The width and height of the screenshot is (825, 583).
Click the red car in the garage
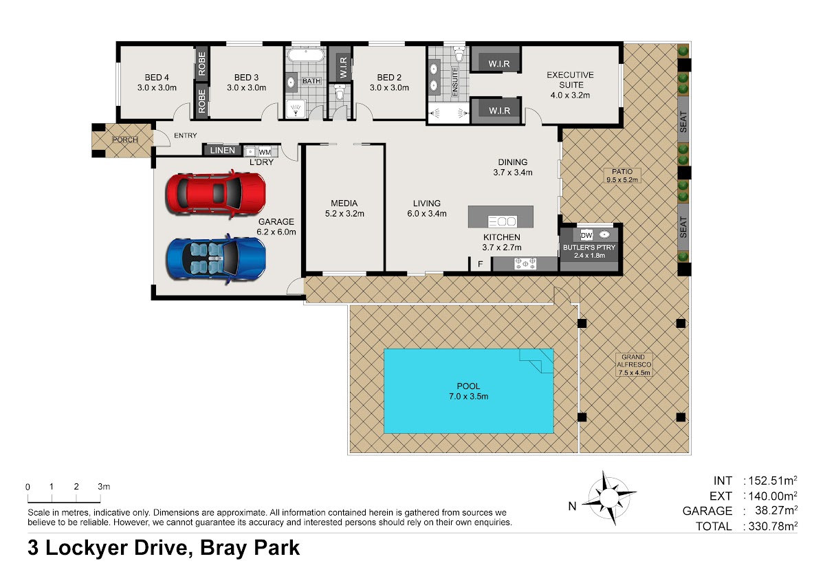pos(216,194)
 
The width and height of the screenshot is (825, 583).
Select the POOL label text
pos(468,386)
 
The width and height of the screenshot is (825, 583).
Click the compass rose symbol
pos(609,498)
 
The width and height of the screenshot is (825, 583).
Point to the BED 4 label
pos(157,77)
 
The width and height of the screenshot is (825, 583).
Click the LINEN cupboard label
pos(223,151)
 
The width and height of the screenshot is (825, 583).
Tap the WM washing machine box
pos(265,152)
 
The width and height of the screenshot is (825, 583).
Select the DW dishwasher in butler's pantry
pos(586,235)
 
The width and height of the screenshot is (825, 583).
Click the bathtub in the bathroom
pos(306,56)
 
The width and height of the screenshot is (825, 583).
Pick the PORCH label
pos(125,140)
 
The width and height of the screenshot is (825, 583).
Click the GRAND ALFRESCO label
pos(633,360)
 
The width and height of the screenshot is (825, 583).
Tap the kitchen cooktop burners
pos(525,263)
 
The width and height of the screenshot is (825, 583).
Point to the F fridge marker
pos(481,264)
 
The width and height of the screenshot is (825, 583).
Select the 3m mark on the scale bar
pos(104,487)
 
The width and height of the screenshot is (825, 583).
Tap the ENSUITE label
pos(455,82)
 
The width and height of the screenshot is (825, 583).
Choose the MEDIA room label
pos(344,203)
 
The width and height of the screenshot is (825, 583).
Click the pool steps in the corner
pos(536,361)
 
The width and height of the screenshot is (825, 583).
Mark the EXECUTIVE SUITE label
pos(570,80)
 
